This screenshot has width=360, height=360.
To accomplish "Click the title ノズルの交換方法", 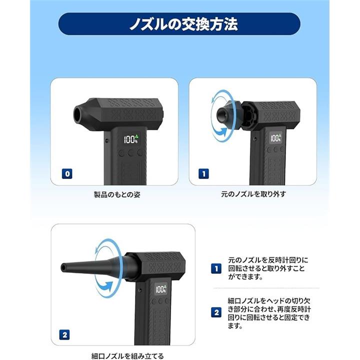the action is [x=183, y=24].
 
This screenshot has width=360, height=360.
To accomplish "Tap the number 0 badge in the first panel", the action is [x=67, y=174].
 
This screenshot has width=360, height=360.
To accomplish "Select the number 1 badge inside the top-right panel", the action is [x=203, y=174].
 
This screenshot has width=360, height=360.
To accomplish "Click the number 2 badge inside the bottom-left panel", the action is [x=64, y=335].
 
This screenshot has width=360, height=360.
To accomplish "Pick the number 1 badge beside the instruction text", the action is [x=216, y=268].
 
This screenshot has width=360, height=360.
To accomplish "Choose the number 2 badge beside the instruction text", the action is [x=216, y=312].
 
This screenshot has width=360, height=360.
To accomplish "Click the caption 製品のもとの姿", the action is [x=117, y=194].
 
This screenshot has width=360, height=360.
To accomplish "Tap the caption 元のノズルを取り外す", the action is [x=253, y=194].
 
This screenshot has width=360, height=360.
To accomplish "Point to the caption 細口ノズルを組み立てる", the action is [x=127, y=356].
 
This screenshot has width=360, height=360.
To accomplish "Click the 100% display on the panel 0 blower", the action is [x=131, y=139].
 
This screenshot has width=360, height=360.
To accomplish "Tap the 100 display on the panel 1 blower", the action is [x=275, y=138].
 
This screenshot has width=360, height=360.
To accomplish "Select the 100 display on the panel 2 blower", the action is [x=161, y=289].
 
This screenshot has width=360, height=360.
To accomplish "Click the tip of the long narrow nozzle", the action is [x=63, y=267].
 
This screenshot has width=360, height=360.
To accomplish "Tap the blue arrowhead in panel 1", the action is [x=221, y=131].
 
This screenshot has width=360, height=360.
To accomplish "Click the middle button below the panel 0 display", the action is [x=131, y=152].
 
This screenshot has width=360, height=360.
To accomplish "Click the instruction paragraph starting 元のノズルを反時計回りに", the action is [x=268, y=268].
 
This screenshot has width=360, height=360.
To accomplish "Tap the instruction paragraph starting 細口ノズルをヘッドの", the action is [x=269, y=313].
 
